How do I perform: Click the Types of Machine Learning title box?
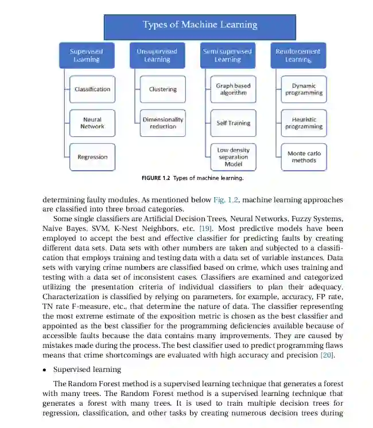(199, 25)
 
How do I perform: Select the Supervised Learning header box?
(86, 56)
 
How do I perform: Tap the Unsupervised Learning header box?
(157, 56)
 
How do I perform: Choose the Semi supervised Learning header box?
(227, 56)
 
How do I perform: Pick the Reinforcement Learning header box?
(298, 56)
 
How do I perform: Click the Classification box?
(92, 89)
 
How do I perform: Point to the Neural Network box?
(92, 123)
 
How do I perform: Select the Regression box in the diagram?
(92, 157)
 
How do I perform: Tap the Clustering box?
(163, 89)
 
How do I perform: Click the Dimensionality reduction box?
(163, 123)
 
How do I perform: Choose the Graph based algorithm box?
(233, 89)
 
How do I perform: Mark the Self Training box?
(233, 123)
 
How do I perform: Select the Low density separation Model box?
(233, 157)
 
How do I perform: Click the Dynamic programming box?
(304, 89)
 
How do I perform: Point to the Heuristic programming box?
(304, 123)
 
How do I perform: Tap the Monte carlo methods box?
(304, 157)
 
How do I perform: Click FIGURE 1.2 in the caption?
(155, 178)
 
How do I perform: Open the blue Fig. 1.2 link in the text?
(223, 201)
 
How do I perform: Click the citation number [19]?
(205, 229)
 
